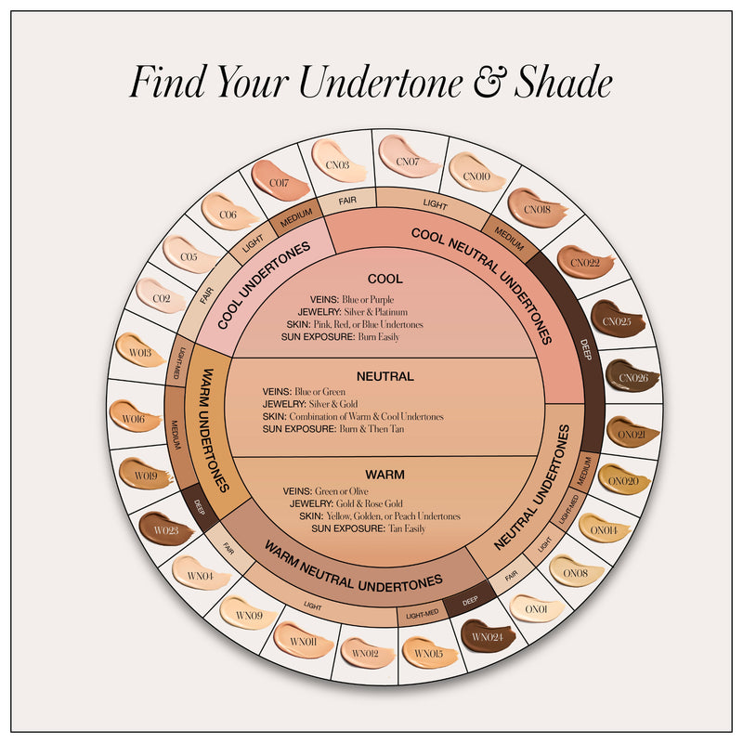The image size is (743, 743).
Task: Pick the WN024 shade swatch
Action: click(486, 636)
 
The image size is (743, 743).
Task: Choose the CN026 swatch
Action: click(632, 376)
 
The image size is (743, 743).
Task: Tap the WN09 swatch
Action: click(248, 612)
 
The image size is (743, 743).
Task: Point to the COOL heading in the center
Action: click(385, 279)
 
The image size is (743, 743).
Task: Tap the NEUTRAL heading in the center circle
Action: click(385, 376)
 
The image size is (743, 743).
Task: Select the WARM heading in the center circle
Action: click(385, 474)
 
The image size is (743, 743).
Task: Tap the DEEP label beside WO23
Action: click(199, 507)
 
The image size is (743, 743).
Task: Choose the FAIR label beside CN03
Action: click(346, 198)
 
